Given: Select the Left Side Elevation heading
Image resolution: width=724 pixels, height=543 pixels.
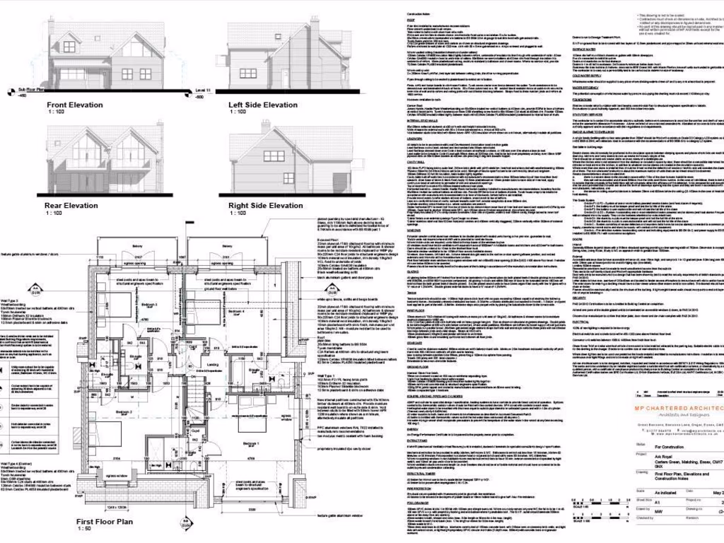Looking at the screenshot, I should [263, 105].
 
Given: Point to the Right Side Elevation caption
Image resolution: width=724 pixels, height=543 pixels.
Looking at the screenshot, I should [266, 206].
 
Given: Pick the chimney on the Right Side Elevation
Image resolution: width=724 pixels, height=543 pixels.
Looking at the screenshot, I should [267, 127].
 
